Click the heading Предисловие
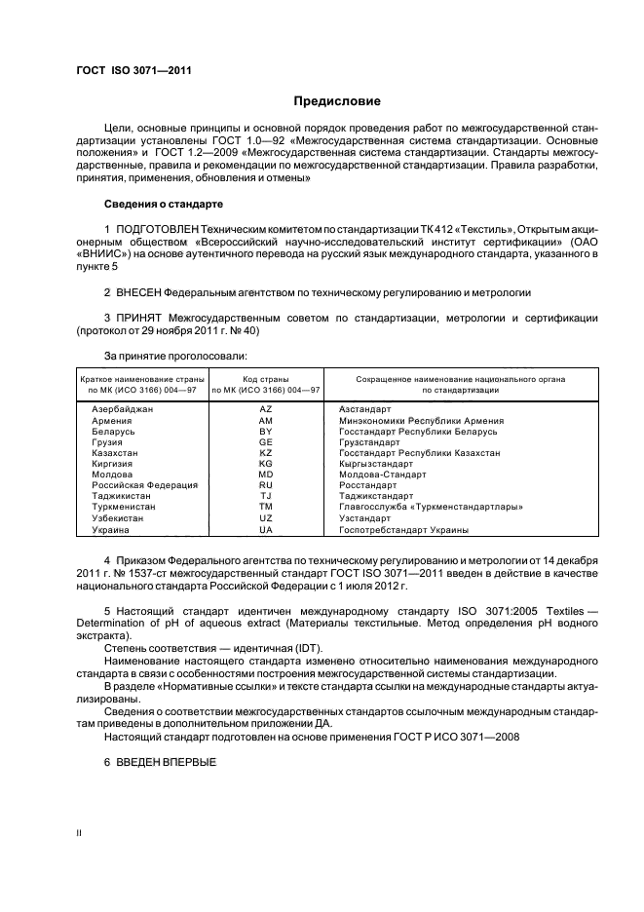point(338,100)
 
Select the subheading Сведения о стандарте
point(164,205)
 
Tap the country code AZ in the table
point(265,410)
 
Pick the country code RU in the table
point(265,485)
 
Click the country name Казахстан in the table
point(115,453)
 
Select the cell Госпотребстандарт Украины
point(402,529)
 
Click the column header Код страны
point(265,378)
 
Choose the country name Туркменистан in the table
point(125,507)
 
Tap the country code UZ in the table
point(265,518)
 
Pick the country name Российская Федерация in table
point(144,485)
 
